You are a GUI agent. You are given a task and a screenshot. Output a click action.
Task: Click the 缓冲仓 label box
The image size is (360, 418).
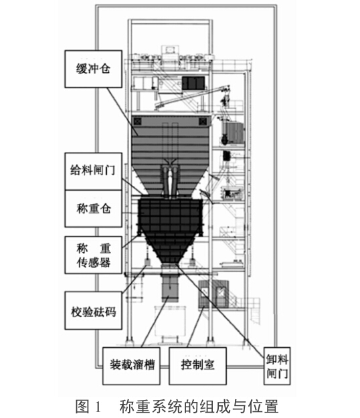[93, 69]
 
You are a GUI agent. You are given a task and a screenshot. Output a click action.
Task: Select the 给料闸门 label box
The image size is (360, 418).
[93, 171]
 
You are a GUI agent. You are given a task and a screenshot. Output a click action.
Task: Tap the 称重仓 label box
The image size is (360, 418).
[93, 209]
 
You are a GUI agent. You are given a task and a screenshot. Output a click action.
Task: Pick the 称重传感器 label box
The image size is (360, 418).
[93, 255]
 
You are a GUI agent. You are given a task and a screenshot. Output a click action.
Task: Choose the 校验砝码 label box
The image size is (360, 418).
[93, 310]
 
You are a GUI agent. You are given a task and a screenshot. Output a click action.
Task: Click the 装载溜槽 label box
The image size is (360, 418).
[131, 366]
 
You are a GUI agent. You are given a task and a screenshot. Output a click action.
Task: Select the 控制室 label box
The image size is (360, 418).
[197, 366]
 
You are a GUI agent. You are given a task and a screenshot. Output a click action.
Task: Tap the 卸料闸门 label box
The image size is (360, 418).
[277, 366]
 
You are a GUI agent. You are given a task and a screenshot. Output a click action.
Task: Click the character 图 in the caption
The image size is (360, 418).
[82, 407]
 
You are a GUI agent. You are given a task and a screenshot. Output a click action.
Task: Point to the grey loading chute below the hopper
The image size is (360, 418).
[170, 288]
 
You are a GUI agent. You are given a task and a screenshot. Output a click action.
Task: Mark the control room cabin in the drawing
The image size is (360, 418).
[213, 294]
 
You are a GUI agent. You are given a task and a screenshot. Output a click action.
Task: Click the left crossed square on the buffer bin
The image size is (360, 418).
[137, 121]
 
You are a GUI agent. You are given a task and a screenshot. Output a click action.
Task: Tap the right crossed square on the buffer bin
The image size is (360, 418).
[203, 121]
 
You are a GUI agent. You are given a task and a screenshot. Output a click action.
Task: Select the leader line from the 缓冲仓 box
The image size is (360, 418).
[122, 112]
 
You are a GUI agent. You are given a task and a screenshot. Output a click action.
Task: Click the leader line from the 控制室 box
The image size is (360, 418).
[196, 327]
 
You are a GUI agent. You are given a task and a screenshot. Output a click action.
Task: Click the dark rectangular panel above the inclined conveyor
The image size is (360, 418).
[193, 83]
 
